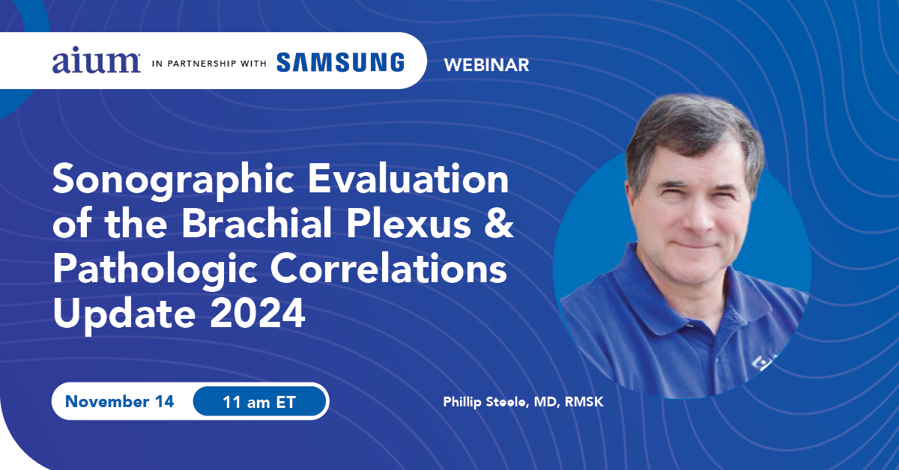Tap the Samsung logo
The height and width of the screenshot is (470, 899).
(x=340, y=63)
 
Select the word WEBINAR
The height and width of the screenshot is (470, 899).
(x=486, y=65)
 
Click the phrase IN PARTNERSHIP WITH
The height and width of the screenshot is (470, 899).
(x=209, y=64)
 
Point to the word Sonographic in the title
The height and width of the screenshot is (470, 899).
(x=173, y=181)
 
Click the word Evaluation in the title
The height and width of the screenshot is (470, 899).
(x=408, y=179)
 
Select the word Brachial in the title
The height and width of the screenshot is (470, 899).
(x=257, y=223)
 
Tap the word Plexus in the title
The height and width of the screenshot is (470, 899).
(x=408, y=223)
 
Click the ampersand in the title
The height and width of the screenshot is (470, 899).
(x=499, y=223)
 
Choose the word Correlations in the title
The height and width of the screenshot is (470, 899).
(x=389, y=268)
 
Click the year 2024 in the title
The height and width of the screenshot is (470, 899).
(x=257, y=313)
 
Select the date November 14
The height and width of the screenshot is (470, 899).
(x=120, y=401)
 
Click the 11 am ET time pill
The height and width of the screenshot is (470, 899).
(x=259, y=401)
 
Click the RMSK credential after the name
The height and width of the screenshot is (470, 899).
(x=584, y=402)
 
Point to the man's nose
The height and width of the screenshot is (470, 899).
(x=699, y=216)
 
